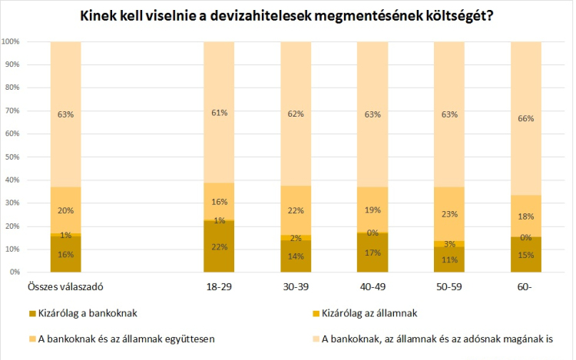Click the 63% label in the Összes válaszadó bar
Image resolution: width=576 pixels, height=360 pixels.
point(65,114)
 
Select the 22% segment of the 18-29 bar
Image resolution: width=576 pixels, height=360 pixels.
point(219,246)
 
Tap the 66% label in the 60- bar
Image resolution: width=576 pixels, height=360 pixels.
point(526,119)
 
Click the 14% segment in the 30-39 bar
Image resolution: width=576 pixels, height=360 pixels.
point(296,256)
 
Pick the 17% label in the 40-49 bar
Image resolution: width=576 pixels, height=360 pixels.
point(372,253)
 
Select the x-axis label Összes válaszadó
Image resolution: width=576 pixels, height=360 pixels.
point(65,286)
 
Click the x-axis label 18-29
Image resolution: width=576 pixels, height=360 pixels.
point(219,286)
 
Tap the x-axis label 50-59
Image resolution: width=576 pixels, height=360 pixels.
point(449,286)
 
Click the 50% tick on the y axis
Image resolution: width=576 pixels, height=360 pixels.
point(12,157)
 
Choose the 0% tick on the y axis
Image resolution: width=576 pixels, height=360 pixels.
point(15,272)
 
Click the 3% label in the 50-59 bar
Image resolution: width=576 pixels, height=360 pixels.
point(449,244)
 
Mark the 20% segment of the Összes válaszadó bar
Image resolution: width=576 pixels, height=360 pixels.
point(65,211)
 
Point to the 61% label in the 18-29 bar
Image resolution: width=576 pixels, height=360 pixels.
point(219,114)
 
